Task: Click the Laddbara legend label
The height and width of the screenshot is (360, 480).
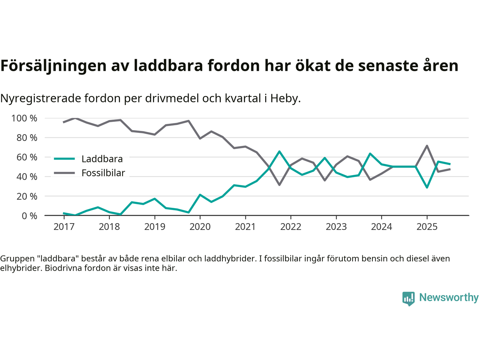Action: [x=102, y=159]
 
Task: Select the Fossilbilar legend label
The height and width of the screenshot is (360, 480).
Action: [x=103, y=173]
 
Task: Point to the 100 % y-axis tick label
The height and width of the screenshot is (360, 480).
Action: [x=24, y=118]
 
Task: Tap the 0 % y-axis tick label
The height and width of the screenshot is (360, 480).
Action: [x=29, y=216]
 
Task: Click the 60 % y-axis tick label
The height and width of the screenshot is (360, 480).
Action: [x=27, y=157]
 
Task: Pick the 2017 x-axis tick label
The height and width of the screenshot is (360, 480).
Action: [x=64, y=227]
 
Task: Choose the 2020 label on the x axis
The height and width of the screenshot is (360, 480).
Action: [x=200, y=227]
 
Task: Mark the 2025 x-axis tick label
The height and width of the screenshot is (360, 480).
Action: [x=427, y=227]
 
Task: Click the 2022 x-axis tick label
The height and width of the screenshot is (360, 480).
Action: [x=291, y=227]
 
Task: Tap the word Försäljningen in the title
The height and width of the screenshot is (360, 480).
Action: [x=53, y=66]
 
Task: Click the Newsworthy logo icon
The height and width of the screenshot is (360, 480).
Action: [x=408, y=298]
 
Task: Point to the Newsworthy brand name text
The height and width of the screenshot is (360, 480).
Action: [x=448, y=298]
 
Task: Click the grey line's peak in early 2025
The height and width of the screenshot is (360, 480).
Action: [x=427, y=146]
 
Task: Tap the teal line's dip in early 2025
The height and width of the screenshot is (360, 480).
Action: [x=427, y=187]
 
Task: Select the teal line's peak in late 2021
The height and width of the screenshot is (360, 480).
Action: [x=279, y=151]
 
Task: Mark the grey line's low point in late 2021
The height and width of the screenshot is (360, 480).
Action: [x=279, y=185]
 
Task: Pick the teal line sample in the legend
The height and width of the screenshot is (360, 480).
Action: [x=64, y=159]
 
